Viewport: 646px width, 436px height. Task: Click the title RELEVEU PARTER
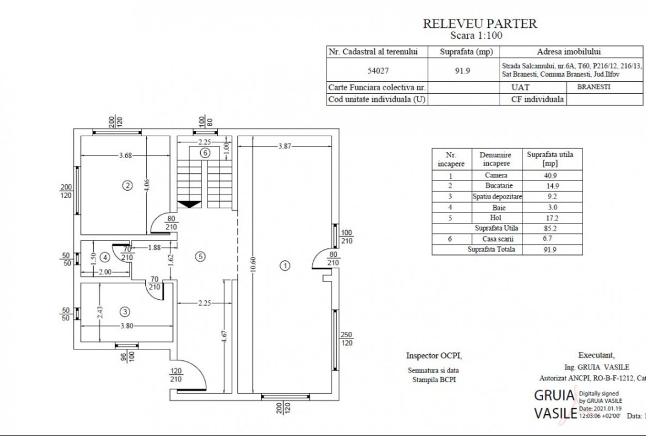480,24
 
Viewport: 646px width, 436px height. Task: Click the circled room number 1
285,265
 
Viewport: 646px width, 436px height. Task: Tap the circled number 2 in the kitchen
127,185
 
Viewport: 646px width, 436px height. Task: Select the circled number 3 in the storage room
125,312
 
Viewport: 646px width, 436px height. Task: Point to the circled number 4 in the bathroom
105,257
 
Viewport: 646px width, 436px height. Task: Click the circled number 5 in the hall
201,256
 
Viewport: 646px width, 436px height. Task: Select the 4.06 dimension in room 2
146,186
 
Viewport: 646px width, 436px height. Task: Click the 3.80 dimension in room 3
126,325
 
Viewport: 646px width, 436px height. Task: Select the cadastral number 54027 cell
378,70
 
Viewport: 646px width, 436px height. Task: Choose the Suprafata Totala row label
491,249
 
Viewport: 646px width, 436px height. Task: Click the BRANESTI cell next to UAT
593,87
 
